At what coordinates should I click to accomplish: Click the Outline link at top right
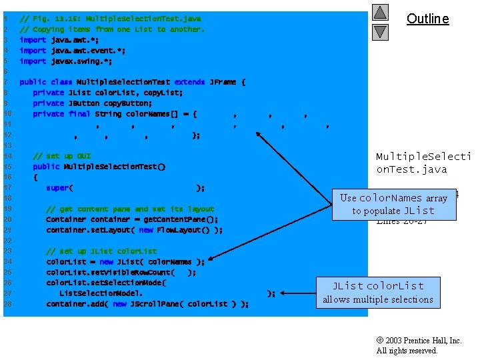427,19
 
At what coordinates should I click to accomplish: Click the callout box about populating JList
393,204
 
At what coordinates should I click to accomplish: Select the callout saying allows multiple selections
378,293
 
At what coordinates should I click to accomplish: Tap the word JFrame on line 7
223,82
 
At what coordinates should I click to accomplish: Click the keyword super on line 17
57,188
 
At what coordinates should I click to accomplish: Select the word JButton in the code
84,103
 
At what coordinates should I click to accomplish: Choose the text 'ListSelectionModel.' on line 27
101,293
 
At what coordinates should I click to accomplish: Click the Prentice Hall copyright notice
419,345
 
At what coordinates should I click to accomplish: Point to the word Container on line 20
66,219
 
